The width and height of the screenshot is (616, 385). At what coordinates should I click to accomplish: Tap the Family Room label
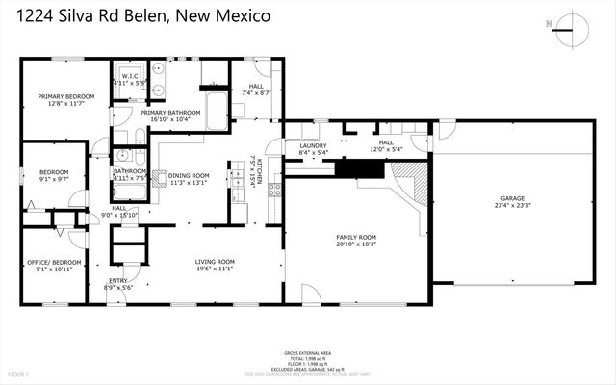[355, 237]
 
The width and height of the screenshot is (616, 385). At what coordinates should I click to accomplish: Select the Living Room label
[215, 261]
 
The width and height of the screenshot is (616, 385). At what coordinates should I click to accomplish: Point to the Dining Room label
[189, 175]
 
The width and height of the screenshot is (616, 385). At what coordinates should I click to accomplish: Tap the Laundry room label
[315, 146]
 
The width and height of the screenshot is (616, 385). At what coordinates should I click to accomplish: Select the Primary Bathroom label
[170, 113]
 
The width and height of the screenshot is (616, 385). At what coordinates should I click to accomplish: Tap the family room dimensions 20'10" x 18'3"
[355, 244]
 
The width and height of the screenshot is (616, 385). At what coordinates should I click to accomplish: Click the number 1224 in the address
[40, 16]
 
